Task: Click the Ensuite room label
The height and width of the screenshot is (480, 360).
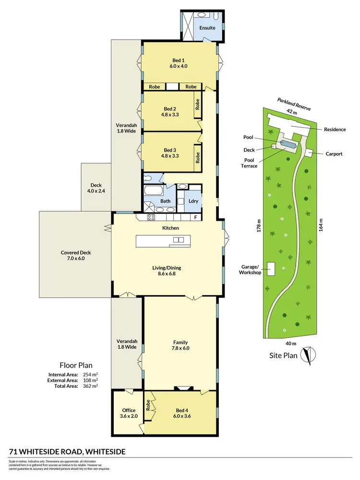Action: [x=207, y=28]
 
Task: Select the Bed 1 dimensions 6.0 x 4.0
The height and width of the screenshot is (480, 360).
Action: [x=180, y=67]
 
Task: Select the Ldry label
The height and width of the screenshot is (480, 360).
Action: [x=194, y=201]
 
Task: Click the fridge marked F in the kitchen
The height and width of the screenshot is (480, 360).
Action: [x=195, y=217]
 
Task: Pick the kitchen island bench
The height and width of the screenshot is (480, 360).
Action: [x=163, y=241]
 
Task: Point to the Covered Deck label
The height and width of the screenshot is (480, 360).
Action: [x=76, y=252]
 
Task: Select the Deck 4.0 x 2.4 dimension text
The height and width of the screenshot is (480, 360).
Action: [x=96, y=192]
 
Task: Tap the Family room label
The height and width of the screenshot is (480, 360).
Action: [x=180, y=342]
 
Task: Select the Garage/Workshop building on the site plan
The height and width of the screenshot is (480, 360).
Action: [x=272, y=269]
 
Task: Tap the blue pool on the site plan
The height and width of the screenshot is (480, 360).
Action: [x=288, y=144]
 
